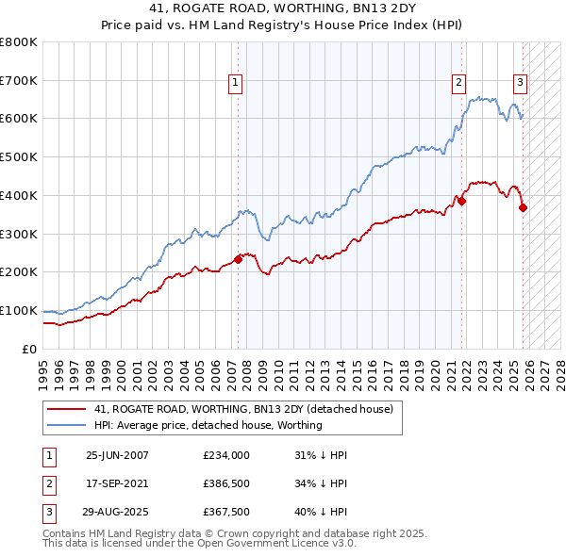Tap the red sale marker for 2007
coord(238,259)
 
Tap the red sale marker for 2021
coord(462,201)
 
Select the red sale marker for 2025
coord(524,207)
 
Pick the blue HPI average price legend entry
coord(208,425)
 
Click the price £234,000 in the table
coord(226,454)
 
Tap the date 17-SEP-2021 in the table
coord(117,484)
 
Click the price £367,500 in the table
coord(226,514)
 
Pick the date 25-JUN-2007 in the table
coord(117,454)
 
